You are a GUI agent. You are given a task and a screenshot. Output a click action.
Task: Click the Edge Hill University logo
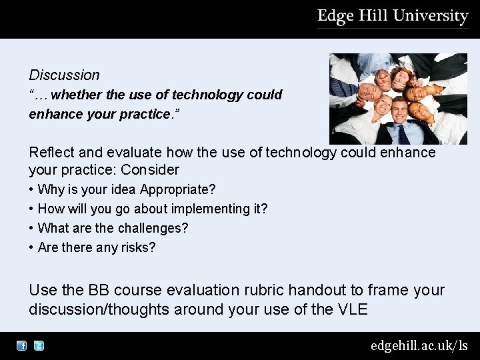click(x=393, y=17)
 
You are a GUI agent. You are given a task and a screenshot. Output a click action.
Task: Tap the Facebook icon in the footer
click(x=22, y=346)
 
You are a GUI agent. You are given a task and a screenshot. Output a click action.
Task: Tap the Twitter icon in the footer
click(x=39, y=346)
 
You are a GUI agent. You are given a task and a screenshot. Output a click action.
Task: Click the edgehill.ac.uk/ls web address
click(x=419, y=345)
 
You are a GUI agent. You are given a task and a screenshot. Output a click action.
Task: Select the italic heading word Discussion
click(x=64, y=75)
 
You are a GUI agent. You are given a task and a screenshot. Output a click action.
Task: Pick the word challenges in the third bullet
click(x=153, y=228)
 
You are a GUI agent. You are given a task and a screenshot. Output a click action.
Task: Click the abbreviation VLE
click(x=353, y=309)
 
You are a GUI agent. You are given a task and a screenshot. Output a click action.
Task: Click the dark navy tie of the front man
click(x=403, y=134)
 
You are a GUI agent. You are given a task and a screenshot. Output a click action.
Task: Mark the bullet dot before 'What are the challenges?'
click(x=31, y=228)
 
